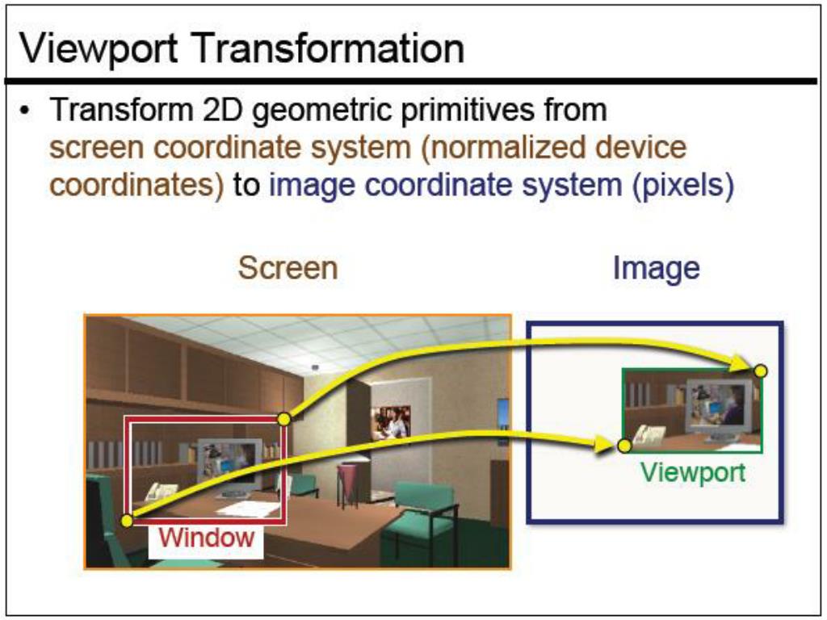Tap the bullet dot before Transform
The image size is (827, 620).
[x=27, y=110]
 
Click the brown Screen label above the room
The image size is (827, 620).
[x=288, y=268]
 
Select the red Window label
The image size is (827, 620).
[x=206, y=536]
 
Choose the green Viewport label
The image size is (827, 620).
[x=693, y=472]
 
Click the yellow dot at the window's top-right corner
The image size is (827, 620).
[x=283, y=418]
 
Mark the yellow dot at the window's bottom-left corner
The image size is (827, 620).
[x=126, y=521]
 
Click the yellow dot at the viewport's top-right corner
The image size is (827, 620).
[x=760, y=371]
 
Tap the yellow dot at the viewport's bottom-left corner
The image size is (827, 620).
[x=623, y=445]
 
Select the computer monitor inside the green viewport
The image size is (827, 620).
[x=707, y=406]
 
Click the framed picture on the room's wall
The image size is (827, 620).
[x=390, y=422]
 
